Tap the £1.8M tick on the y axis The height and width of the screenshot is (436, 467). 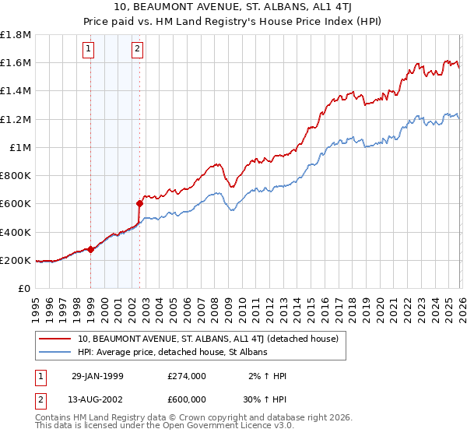click(16, 35)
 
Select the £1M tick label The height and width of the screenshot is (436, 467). click(19, 148)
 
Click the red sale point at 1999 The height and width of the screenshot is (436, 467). click(91, 250)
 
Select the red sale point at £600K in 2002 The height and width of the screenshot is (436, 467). click(140, 204)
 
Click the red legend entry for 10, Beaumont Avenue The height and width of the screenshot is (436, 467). click(207, 339)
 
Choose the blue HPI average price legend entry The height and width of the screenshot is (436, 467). click(172, 353)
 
